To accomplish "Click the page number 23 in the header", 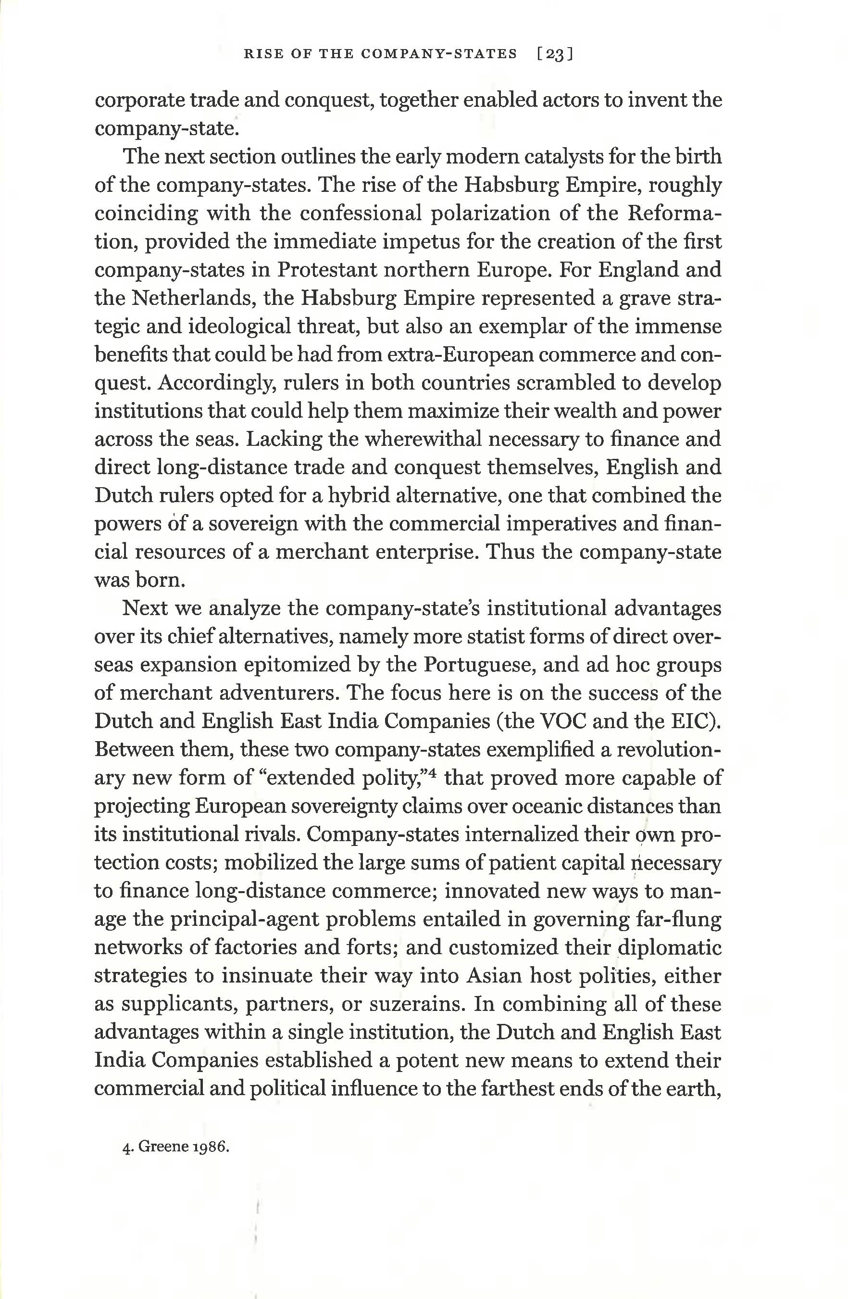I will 554,54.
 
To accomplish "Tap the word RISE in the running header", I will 259,54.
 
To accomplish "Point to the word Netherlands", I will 190,299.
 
